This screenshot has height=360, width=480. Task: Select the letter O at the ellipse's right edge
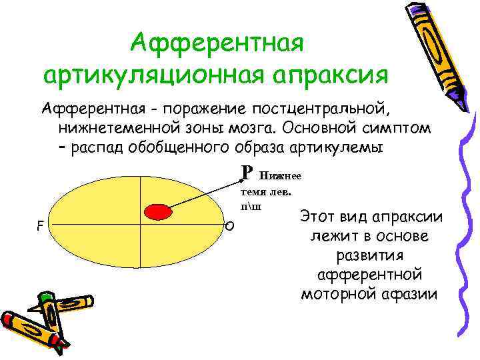coord(229,227)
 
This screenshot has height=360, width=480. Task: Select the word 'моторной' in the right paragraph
coord(334,293)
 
